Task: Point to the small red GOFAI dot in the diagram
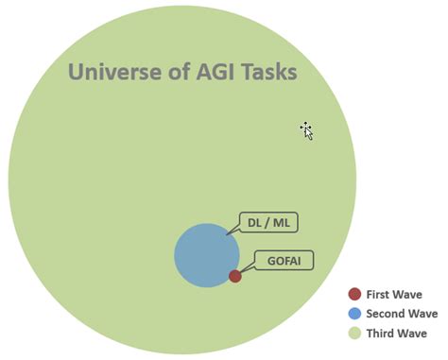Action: (234, 276)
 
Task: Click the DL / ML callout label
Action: (267, 223)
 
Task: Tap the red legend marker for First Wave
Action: (354, 294)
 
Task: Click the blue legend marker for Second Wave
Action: (354, 313)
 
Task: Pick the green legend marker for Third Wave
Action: (354, 333)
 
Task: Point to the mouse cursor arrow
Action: (306, 130)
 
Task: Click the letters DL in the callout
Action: (254, 223)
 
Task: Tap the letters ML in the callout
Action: (281, 223)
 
